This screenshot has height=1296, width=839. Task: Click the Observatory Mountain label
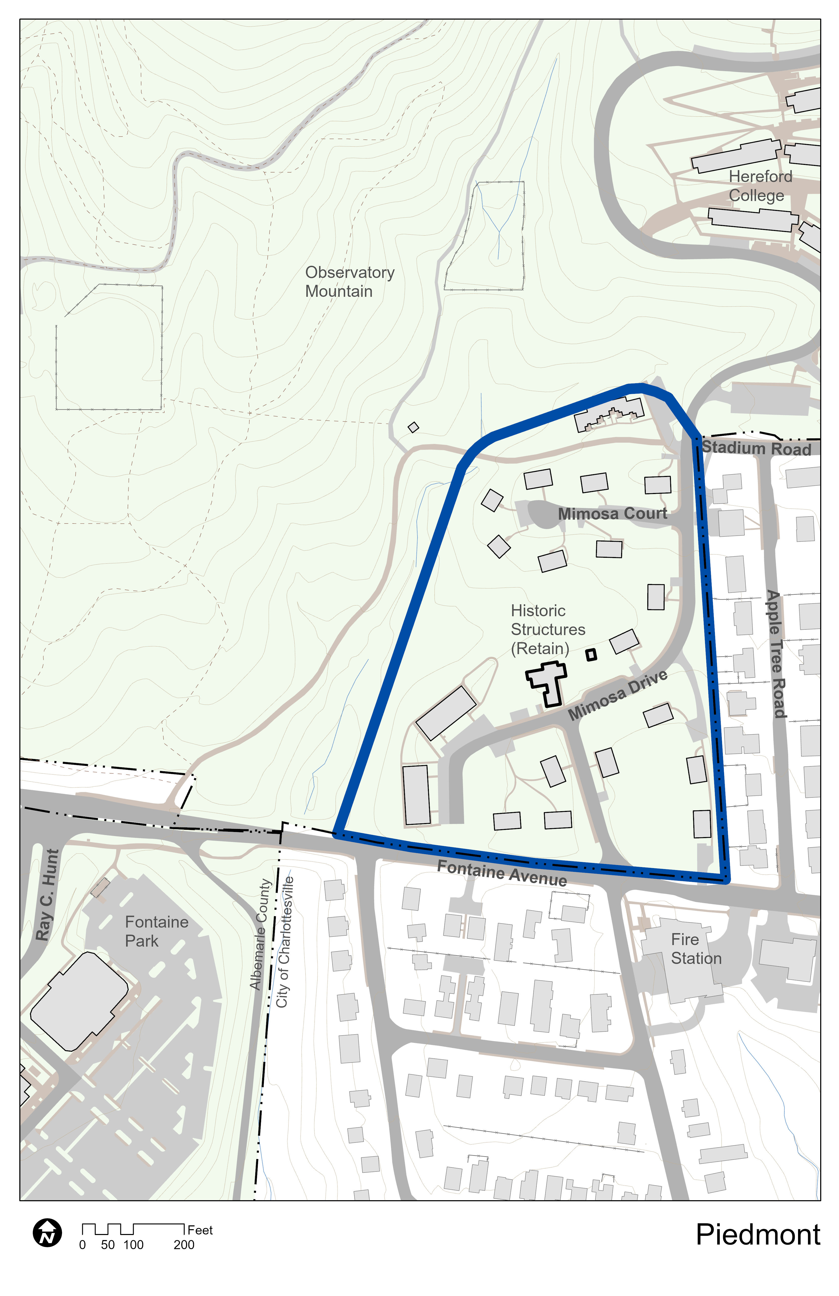point(349,282)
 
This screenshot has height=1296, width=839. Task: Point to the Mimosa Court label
point(612,514)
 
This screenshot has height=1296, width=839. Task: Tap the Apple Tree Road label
point(776,653)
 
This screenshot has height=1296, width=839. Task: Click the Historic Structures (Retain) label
point(548,629)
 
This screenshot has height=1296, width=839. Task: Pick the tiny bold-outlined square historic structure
point(591,655)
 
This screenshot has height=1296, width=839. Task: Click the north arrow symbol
point(47,1232)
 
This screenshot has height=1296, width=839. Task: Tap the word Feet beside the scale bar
point(200,1230)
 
